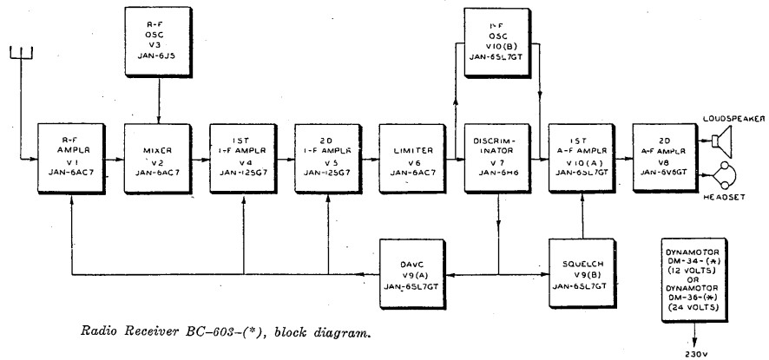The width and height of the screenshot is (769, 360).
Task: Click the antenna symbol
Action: point(18,56)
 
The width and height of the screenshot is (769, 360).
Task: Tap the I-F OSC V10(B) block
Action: point(496,39)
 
